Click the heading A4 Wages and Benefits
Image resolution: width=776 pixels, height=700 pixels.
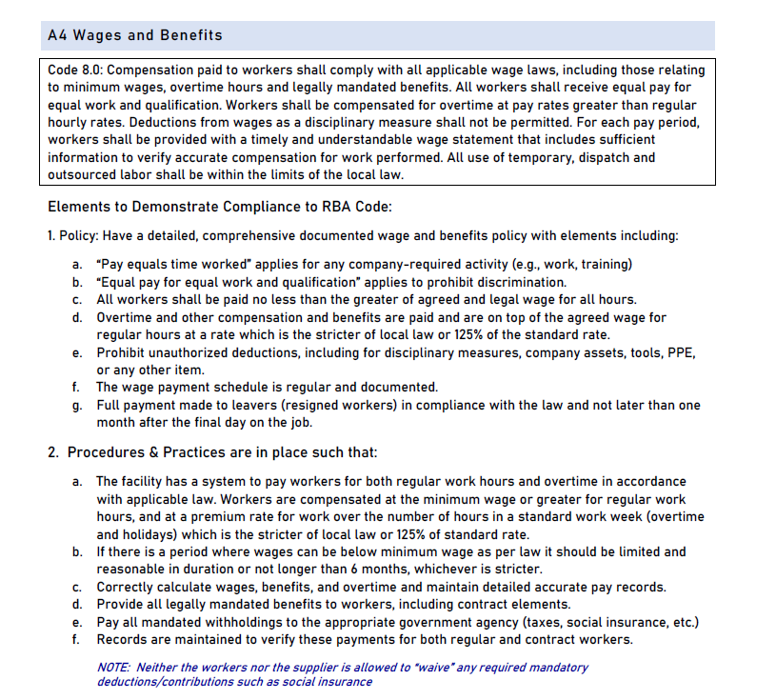134,35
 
